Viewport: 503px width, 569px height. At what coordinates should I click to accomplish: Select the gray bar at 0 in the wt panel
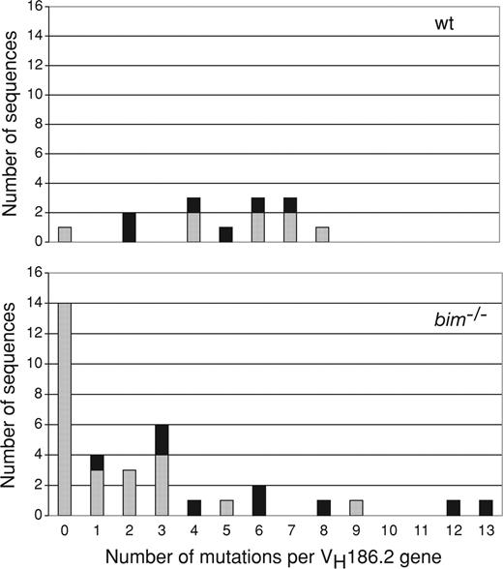tap(65, 234)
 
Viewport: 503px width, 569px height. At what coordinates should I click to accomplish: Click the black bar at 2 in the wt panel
tap(130, 227)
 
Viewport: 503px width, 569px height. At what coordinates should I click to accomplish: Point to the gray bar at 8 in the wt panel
tap(323, 234)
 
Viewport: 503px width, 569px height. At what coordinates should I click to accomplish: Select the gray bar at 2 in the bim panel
tap(130, 493)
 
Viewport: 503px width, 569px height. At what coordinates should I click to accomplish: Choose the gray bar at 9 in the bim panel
tap(355, 508)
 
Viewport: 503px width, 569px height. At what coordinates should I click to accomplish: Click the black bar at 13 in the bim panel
tap(485, 508)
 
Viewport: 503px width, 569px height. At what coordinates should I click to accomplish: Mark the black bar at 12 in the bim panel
tap(452, 508)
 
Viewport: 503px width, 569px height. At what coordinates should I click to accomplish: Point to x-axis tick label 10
tap(388, 529)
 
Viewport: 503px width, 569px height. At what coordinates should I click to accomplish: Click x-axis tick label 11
tap(420, 529)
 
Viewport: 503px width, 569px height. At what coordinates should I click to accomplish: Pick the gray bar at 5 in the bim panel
tap(225, 508)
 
